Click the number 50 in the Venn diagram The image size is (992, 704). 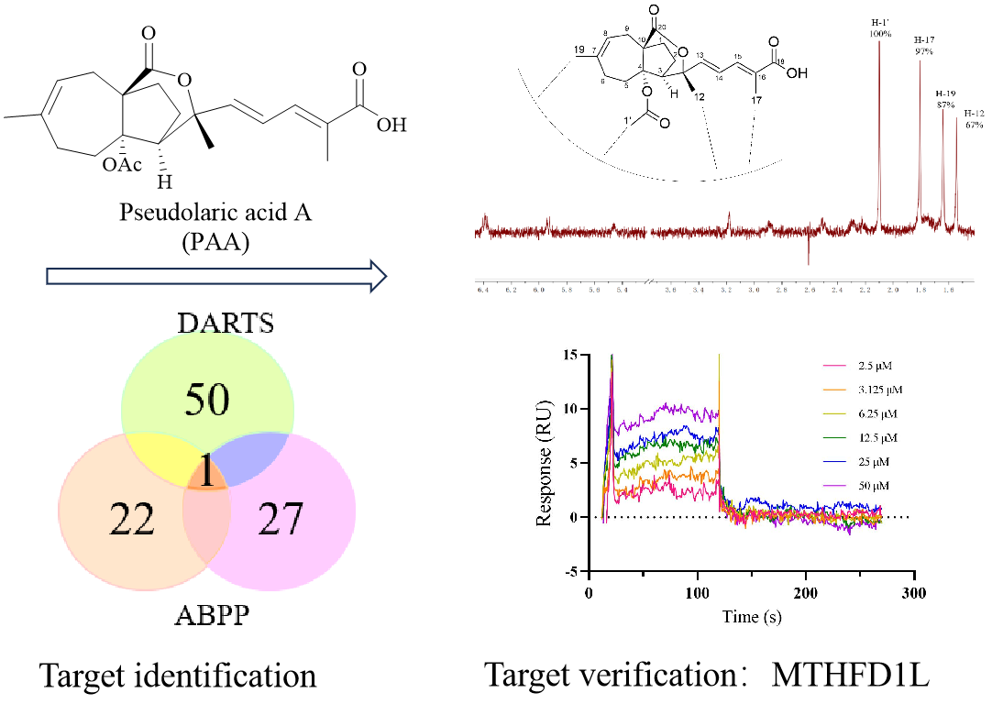pos(207,401)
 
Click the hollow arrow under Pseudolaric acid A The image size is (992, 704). pos(213,276)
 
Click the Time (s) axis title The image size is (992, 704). pos(751,617)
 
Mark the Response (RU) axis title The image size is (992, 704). pos(546,463)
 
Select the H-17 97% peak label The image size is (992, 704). pos(923,46)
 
